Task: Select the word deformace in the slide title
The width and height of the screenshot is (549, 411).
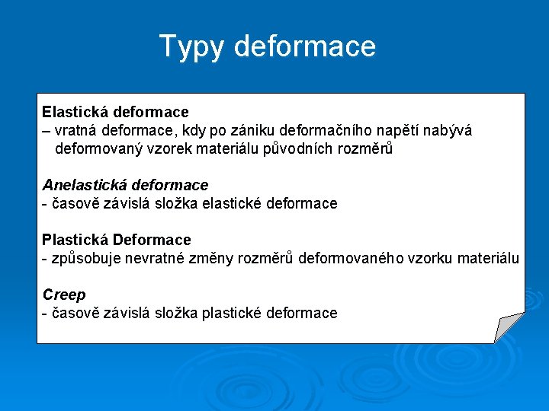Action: pyautogui.click(x=305, y=46)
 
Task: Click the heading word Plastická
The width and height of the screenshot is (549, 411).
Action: pyautogui.click(x=75, y=240)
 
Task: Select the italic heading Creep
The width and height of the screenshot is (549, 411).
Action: pyautogui.click(x=64, y=295)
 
